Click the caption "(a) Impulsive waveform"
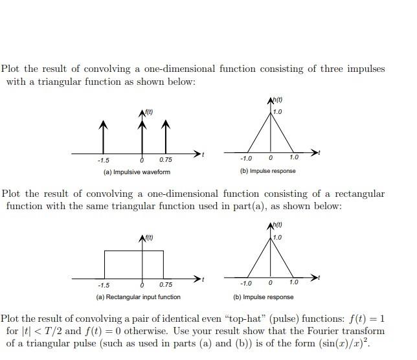click(137, 172)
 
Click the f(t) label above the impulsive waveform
click(148, 114)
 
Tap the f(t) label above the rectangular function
click(149, 238)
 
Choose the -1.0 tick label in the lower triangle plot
click(245, 283)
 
